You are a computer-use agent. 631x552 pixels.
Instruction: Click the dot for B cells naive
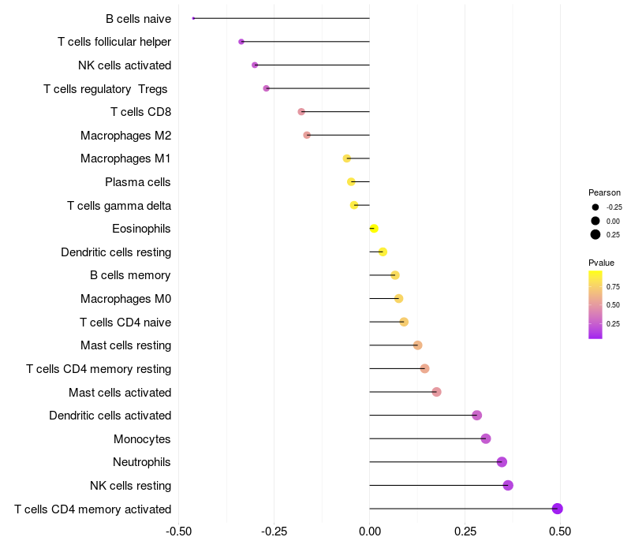click(193, 18)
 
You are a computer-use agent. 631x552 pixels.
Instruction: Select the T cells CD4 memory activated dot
click(558, 509)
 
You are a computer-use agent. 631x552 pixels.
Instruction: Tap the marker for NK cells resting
click(508, 485)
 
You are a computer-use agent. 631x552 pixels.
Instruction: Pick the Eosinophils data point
click(374, 229)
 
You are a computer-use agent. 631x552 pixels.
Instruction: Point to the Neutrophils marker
click(502, 462)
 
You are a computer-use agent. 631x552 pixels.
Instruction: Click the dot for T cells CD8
click(301, 111)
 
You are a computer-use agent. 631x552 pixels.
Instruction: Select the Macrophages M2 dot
click(307, 135)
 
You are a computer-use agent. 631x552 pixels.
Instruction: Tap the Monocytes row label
click(142, 439)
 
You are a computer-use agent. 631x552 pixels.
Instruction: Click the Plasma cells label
click(138, 182)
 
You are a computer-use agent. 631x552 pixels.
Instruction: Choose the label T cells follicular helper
click(114, 42)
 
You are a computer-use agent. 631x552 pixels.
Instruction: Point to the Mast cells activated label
click(120, 392)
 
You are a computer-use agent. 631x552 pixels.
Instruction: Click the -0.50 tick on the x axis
click(179, 531)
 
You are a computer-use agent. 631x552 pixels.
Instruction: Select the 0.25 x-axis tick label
click(465, 531)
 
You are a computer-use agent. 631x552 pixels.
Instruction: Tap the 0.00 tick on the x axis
click(369, 531)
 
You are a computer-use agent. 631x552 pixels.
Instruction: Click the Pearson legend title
click(604, 192)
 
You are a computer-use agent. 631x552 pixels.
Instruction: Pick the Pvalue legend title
click(601, 263)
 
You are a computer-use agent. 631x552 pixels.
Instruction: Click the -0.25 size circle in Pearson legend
click(596, 207)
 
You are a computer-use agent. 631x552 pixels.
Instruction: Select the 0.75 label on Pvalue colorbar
click(613, 286)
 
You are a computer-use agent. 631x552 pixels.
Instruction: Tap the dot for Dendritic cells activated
click(477, 416)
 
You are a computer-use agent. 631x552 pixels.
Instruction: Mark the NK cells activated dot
click(255, 65)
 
